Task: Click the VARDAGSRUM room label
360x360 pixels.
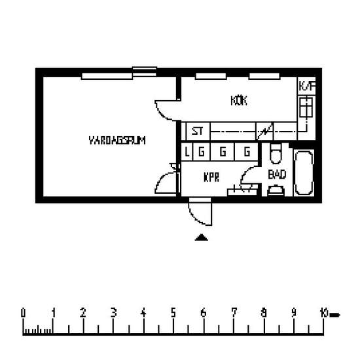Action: (x=117, y=139)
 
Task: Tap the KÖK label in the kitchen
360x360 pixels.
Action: (x=238, y=101)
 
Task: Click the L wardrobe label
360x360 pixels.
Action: (x=188, y=152)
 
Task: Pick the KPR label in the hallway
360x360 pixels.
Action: (x=210, y=177)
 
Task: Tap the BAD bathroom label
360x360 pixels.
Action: (x=278, y=175)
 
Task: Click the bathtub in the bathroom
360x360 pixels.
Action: (x=304, y=173)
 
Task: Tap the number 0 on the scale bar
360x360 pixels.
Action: (x=24, y=312)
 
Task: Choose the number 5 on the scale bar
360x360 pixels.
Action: (x=173, y=312)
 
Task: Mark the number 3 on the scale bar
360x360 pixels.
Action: (x=113, y=312)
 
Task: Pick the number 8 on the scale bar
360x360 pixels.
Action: (x=264, y=312)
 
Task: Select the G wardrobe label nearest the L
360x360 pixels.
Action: (x=202, y=152)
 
